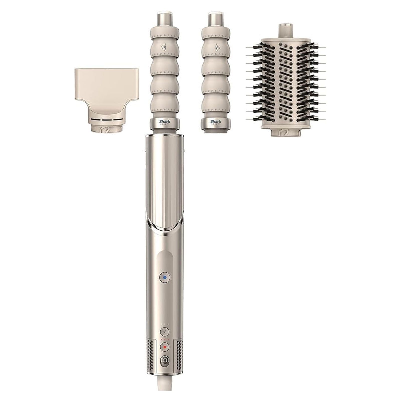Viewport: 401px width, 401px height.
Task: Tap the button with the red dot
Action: point(165,347)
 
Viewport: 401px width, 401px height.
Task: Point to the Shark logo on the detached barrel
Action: point(216,122)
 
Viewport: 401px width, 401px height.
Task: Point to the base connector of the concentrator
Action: point(106,129)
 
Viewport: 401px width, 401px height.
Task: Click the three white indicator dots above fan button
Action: point(165,324)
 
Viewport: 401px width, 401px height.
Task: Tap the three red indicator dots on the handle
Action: point(165,339)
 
